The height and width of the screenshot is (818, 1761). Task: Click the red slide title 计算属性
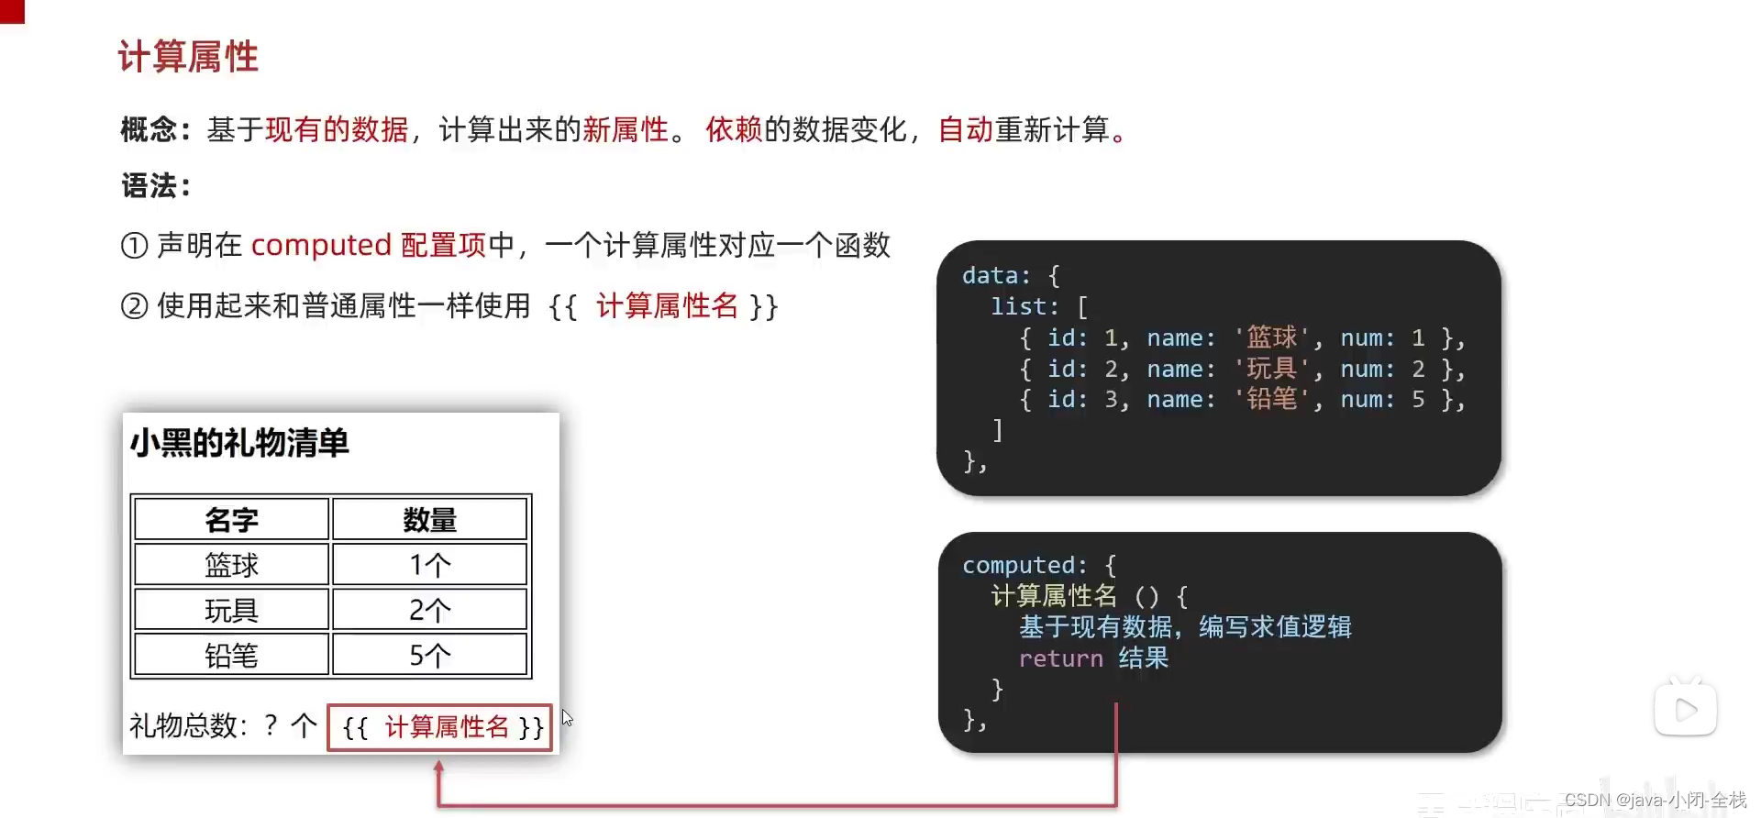tap(188, 57)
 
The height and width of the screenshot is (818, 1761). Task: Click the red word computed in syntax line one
tap(321, 245)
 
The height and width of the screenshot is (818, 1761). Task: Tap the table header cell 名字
tap(231, 520)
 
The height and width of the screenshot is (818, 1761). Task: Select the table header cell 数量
tap(429, 520)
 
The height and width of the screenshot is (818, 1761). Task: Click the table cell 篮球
tap(231, 565)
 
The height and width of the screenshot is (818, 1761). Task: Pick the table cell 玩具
tap(231, 610)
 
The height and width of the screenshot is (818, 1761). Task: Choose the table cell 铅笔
tap(231, 655)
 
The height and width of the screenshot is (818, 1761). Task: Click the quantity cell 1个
tap(429, 565)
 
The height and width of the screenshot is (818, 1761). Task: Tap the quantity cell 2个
tap(429, 610)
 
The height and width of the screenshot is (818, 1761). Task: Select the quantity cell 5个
tap(429, 655)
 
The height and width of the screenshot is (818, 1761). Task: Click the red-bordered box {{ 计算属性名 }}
tap(440, 727)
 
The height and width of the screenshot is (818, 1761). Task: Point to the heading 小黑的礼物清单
tap(239, 443)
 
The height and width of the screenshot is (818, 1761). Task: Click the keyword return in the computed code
tap(1060, 658)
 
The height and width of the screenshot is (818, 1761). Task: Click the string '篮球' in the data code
tap(1271, 337)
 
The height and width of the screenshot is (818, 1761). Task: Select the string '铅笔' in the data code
tap(1271, 399)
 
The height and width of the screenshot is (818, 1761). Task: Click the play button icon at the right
tap(1686, 709)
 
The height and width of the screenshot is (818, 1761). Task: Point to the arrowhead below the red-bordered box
tap(439, 768)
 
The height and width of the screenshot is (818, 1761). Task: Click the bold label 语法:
tap(156, 186)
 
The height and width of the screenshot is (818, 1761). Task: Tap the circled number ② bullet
tap(134, 305)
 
